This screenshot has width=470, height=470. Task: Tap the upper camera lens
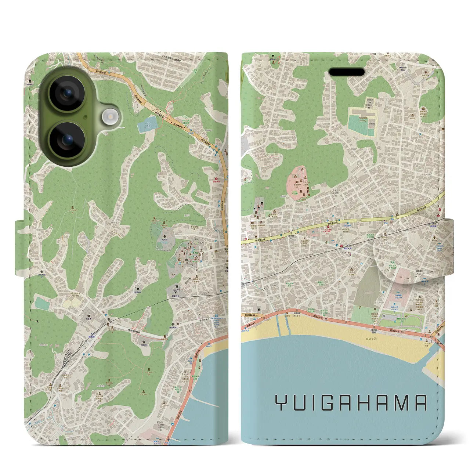tap(67, 93)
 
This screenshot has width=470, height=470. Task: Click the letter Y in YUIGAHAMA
tap(281, 403)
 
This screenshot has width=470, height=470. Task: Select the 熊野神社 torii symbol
tap(139, 288)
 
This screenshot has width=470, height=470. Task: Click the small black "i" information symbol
tap(37, 321)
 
